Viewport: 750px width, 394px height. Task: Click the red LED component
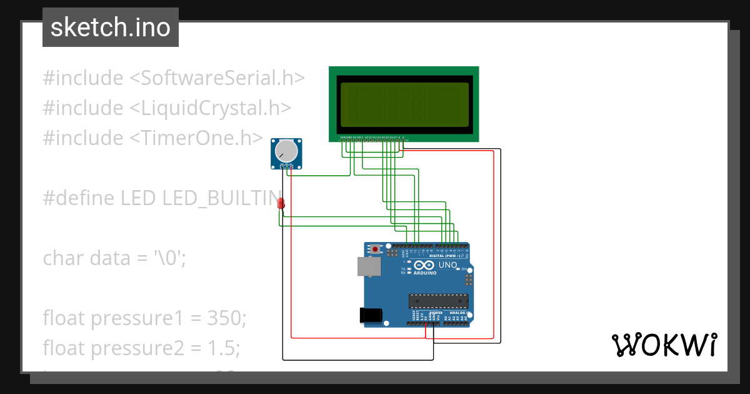pyautogui.click(x=281, y=203)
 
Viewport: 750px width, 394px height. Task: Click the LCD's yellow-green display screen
pyautogui.click(x=404, y=104)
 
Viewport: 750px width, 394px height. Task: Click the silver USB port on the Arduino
pyautogui.click(x=369, y=266)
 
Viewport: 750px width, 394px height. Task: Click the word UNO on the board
pyautogui.click(x=448, y=266)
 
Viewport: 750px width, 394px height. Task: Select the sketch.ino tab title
pyautogui.click(x=111, y=28)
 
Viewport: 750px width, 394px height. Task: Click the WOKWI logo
pyautogui.click(x=664, y=345)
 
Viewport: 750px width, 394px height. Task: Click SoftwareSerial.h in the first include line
pyautogui.click(x=217, y=78)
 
